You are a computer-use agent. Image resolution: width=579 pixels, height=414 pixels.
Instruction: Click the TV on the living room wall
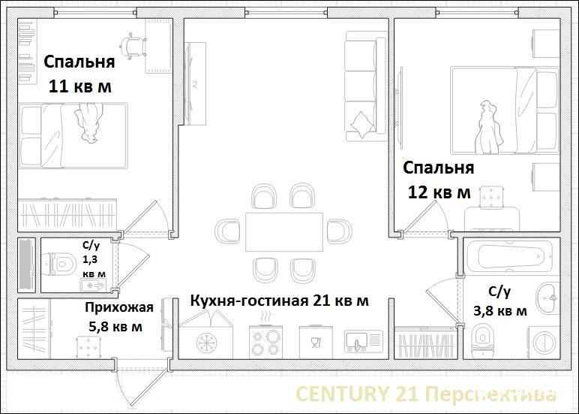click(x=195, y=83)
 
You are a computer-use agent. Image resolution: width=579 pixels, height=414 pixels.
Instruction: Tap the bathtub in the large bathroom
click(x=509, y=256)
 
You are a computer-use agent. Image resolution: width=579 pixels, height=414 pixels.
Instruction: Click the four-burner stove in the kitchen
click(x=265, y=342)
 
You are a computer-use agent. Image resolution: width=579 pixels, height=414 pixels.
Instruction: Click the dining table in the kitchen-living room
click(x=284, y=232)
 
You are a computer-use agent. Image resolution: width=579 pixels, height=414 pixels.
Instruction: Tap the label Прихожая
click(x=119, y=307)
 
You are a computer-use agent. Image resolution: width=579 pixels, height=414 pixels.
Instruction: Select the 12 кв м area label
click(x=439, y=192)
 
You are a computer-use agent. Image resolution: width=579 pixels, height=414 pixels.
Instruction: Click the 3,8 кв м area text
click(x=500, y=311)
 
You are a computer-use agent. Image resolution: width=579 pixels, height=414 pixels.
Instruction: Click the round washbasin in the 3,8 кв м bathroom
click(x=548, y=297)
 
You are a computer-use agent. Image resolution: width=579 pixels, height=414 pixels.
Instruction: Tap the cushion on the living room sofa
click(x=361, y=123)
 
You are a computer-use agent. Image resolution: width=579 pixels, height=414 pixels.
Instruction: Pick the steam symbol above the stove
click(x=265, y=317)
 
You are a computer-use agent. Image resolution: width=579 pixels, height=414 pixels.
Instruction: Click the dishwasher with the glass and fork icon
click(x=316, y=342)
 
